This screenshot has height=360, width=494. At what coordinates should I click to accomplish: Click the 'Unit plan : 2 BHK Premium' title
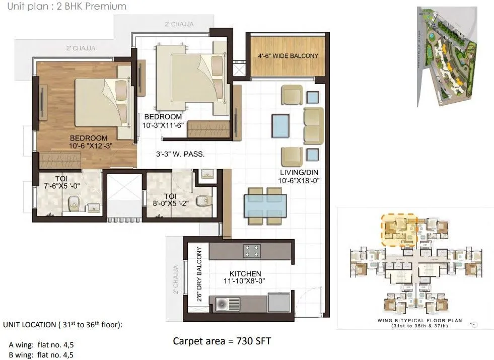63,7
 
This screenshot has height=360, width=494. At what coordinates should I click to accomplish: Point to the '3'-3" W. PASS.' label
179,155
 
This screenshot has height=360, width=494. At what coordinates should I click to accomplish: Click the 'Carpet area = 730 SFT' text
222,341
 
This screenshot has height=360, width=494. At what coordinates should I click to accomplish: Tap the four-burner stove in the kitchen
251,251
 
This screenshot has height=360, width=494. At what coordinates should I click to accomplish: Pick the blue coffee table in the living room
280,126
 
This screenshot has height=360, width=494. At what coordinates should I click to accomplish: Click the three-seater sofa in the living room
314,125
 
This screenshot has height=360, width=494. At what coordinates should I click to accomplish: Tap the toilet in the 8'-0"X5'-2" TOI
203,201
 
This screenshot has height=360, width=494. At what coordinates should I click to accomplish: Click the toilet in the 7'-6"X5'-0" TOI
74,203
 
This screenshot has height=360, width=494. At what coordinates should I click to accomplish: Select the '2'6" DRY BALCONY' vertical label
199,274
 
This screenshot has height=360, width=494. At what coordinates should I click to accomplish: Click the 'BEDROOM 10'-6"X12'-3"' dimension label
89,142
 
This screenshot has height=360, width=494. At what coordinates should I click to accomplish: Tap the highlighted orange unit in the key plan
400,228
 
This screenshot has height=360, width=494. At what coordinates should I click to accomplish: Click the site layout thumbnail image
446,56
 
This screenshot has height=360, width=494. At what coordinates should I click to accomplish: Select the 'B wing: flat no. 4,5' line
41,355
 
